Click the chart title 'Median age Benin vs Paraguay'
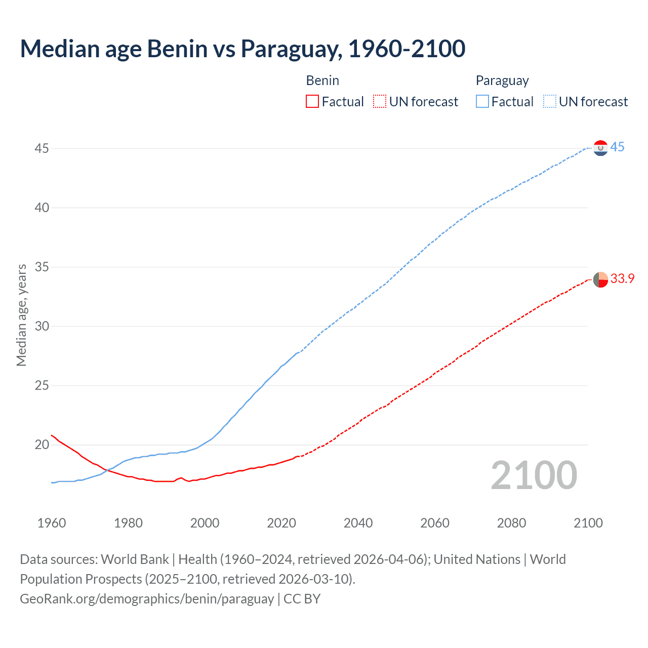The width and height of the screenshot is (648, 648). (x=242, y=49)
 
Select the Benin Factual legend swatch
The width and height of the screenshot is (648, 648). (x=312, y=102)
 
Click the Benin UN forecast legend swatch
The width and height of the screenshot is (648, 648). (x=380, y=102)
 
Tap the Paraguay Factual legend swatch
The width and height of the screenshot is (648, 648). (x=482, y=102)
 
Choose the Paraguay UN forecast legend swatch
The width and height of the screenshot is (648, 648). (x=549, y=102)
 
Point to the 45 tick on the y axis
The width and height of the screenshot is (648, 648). (x=42, y=148)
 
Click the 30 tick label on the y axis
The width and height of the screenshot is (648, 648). (x=42, y=326)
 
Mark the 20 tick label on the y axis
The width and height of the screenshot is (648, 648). (x=42, y=444)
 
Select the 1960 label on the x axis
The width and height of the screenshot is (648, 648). (x=52, y=523)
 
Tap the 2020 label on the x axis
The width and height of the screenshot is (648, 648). (x=281, y=523)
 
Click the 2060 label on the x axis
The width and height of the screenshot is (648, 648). (x=435, y=523)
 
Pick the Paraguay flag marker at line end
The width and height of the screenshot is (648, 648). (x=600, y=148)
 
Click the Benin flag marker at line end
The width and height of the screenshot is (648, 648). (x=600, y=279)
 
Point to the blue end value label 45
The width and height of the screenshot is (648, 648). (x=617, y=147)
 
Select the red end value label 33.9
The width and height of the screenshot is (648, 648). (x=622, y=279)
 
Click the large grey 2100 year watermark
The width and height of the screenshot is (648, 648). (x=534, y=475)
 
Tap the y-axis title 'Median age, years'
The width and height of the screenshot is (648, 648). (x=21, y=315)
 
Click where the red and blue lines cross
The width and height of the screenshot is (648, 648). (x=107, y=470)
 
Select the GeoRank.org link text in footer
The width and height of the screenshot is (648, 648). (x=147, y=599)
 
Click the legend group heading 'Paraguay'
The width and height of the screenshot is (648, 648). (x=502, y=80)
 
